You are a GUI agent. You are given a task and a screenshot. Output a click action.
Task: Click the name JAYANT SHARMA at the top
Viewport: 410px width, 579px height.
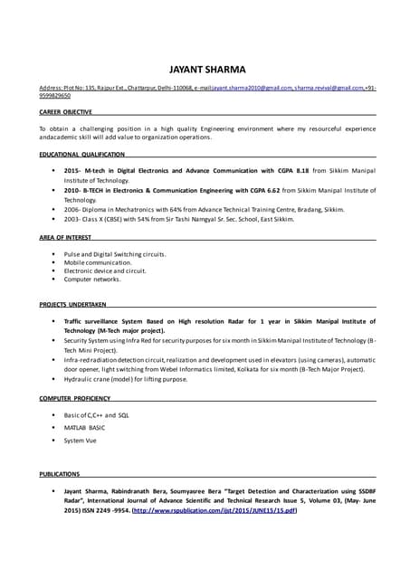tap(207, 69)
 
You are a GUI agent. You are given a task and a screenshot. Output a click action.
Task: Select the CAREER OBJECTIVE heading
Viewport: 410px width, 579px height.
tap(65, 112)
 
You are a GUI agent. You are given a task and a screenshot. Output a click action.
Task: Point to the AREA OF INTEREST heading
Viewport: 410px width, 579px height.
tap(65, 237)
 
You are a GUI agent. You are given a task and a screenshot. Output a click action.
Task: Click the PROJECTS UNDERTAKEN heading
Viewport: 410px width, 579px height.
tap(73, 304)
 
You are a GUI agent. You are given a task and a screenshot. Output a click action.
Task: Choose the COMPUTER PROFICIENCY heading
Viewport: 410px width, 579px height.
tap(75, 398)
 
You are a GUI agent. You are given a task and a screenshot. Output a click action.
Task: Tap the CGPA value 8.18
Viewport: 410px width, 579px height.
tap(304, 170)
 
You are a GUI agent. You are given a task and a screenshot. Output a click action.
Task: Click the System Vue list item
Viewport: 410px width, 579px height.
tap(80, 441)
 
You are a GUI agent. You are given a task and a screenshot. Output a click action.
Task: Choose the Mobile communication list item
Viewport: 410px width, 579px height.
tap(97, 262)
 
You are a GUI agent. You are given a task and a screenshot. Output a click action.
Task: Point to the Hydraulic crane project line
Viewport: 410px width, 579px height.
tap(125, 379)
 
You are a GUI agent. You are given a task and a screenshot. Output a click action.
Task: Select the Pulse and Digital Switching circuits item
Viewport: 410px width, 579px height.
tap(114, 254)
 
